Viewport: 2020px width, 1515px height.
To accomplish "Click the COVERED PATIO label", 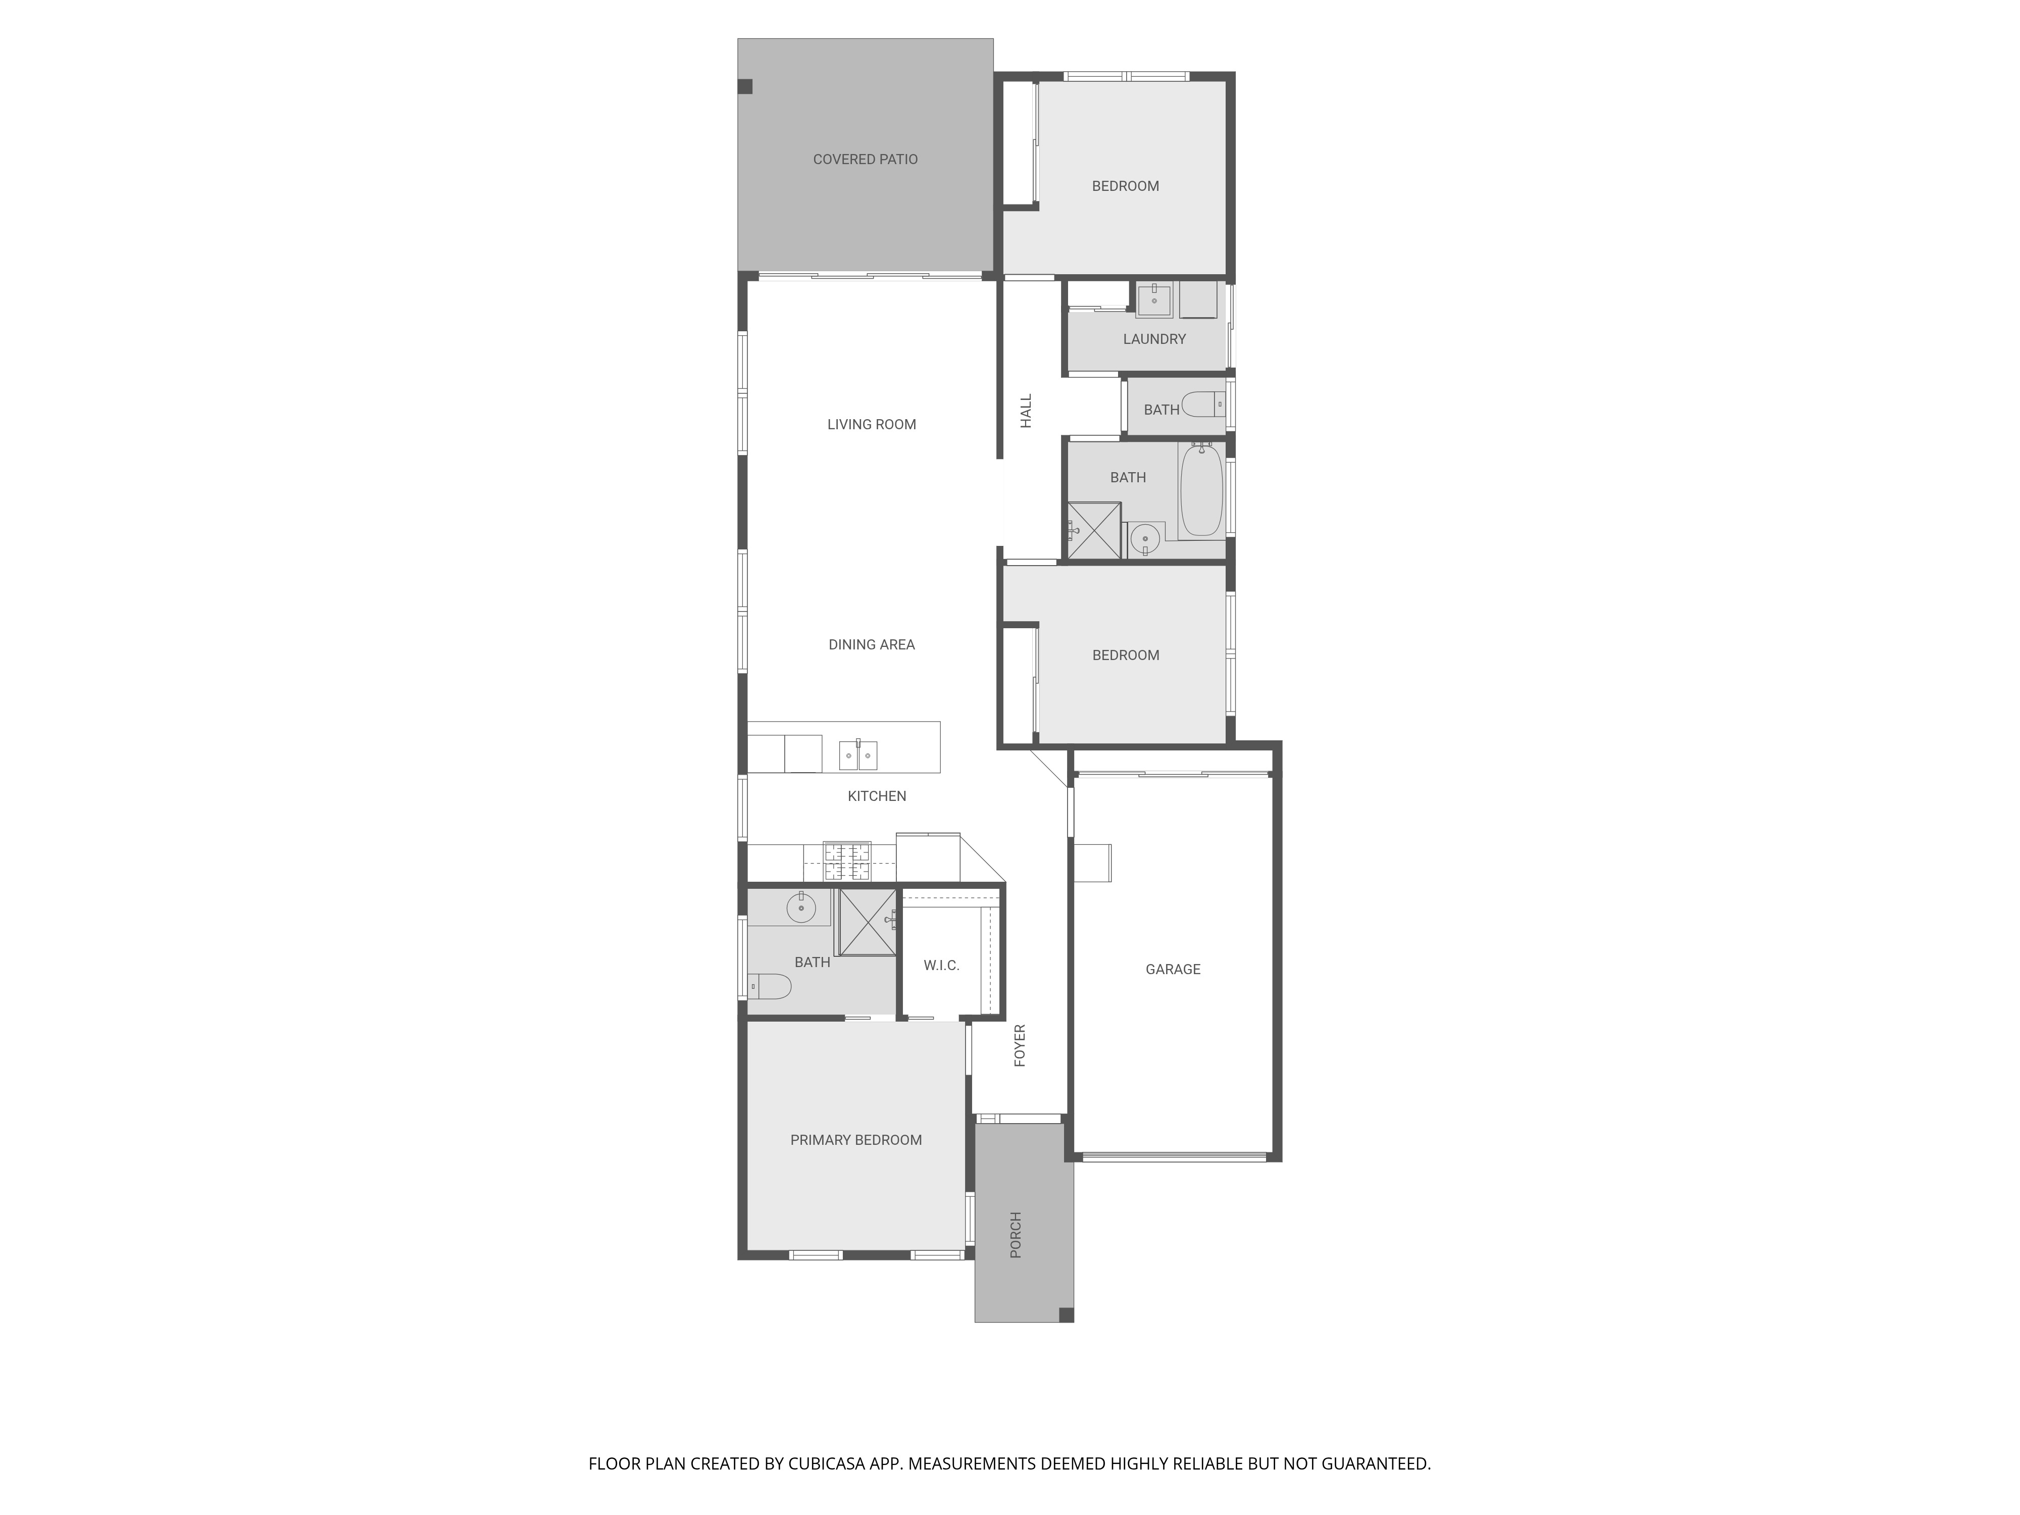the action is (865, 160).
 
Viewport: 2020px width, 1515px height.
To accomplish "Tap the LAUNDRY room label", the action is (1154, 339).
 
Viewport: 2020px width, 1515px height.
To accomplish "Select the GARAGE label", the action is (1173, 969).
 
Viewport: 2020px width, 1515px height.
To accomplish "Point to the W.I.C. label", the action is (941, 965).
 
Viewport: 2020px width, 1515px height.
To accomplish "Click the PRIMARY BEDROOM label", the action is (855, 1140).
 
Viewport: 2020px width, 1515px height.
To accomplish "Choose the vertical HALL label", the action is (1026, 411).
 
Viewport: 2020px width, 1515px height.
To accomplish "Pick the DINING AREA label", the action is (871, 645).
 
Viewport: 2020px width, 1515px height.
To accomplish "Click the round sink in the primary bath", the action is (801, 907).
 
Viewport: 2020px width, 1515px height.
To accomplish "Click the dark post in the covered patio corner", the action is (745, 87).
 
